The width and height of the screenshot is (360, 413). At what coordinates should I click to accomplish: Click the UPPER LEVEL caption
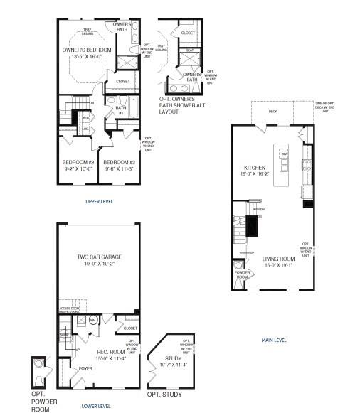point(99,202)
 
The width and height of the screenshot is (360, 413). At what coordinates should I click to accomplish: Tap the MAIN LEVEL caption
point(275,340)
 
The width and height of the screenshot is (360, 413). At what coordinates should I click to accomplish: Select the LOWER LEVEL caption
point(95,406)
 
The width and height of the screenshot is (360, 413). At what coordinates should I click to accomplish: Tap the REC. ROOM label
point(112,351)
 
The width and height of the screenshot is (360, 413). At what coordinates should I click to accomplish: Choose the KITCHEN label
point(254,168)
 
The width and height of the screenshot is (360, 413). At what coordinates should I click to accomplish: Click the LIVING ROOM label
point(278,259)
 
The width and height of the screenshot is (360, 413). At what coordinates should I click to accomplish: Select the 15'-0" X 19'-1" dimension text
point(278,265)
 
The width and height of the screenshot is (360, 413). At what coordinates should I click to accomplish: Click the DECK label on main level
point(272,112)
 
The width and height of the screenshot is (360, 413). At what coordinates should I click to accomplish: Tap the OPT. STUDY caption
point(164,395)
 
